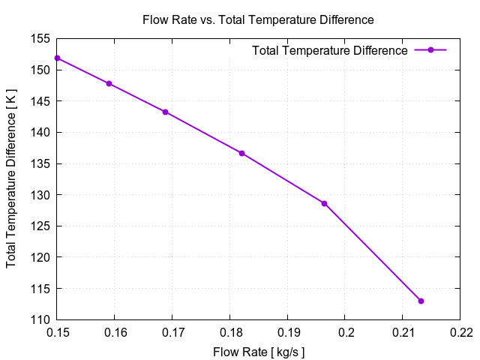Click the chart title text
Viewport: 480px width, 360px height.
pos(258,19)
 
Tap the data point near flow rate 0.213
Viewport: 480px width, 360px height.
pos(421,301)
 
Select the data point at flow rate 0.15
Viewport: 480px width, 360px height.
pos(57,58)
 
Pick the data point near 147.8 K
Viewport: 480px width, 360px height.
pos(109,83)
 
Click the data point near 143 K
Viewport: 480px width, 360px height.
pos(165,112)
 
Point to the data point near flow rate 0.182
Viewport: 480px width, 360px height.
pos(241,153)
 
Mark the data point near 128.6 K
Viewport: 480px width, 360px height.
pos(324,203)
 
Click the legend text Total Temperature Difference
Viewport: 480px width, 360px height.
pos(330,50)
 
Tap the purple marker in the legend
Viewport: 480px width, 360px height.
pos(430,50)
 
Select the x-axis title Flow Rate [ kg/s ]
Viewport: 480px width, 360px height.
pos(258,350)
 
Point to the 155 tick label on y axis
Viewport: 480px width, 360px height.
pos(40,38)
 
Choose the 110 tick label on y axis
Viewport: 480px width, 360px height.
pos(40,319)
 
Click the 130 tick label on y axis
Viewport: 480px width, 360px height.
pos(40,195)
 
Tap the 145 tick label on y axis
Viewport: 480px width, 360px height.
pos(40,101)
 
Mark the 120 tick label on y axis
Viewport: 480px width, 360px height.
pos(40,257)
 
